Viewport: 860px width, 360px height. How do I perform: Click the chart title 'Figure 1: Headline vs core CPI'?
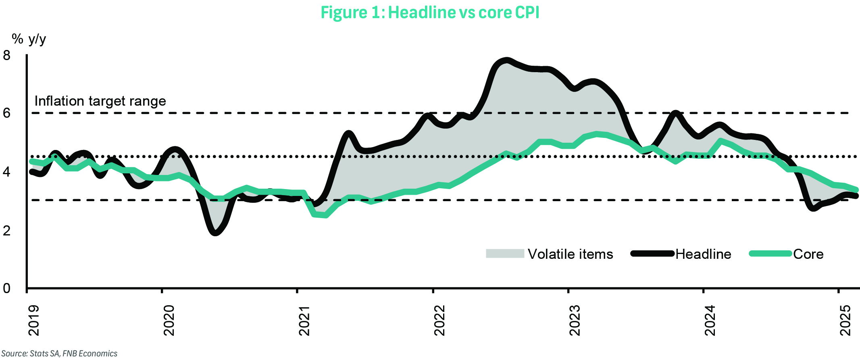(430, 12)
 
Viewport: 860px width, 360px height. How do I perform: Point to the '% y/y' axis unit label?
(29, 39)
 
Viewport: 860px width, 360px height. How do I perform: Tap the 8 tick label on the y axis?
(6, 55)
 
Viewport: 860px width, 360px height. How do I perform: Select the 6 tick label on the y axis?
(6, 113)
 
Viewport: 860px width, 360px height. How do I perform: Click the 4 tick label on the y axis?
(6, 172)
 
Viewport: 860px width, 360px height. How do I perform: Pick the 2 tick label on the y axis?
(6, 231)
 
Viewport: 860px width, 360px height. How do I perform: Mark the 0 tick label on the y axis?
(6, 288)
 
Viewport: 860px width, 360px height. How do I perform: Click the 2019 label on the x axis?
(34, 320)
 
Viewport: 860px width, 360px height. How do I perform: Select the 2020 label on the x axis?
(169, 320)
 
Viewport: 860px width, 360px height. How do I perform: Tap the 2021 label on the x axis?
(304, 320)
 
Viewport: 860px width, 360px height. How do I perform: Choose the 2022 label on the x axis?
(439, 320)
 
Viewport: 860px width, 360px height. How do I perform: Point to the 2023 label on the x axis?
(575, 320)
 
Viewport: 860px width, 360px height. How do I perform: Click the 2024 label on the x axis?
(710, 320)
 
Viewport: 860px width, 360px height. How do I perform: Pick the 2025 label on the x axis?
(845, 320)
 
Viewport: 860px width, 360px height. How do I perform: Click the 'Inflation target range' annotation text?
(100, 101)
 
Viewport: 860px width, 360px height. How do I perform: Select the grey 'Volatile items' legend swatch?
(505, 254)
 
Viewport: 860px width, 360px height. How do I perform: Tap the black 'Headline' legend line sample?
(652, 254)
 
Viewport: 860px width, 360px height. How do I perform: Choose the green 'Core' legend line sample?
(770, 254)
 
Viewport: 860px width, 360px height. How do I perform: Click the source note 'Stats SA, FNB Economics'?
(60, 354)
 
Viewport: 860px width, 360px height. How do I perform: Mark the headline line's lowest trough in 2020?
(215, 233)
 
